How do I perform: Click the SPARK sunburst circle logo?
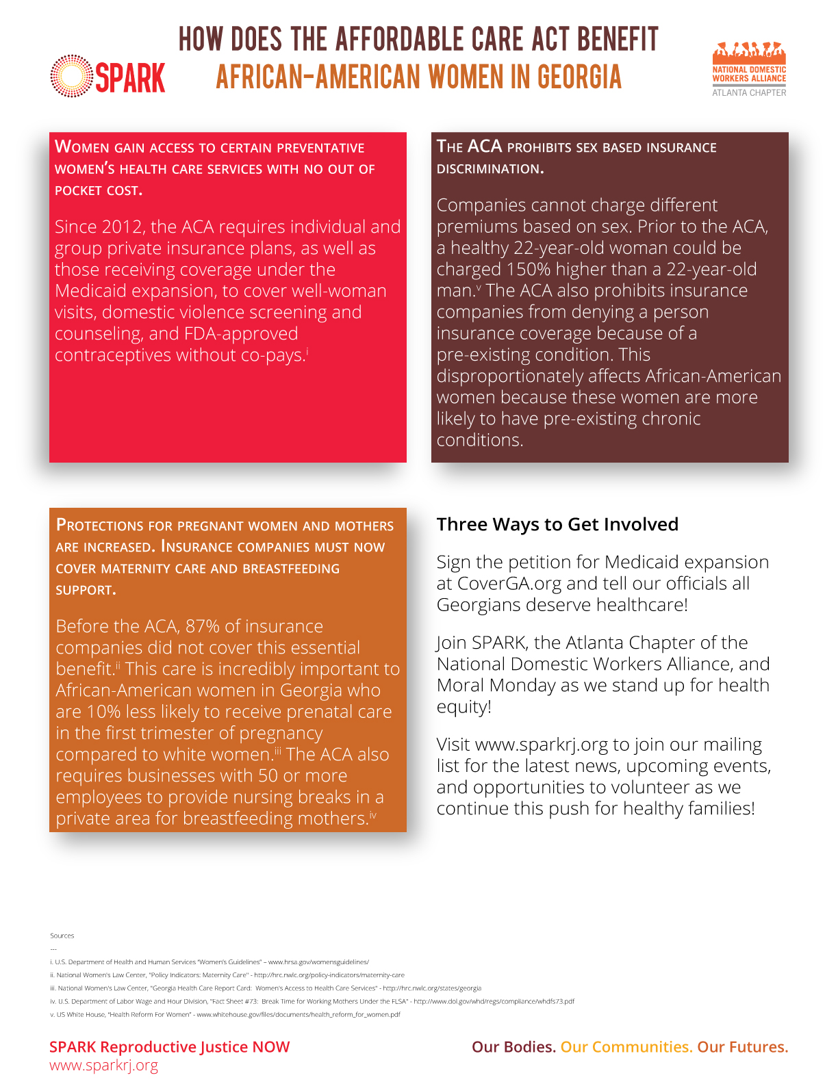pos(71,76)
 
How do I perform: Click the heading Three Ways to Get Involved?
pos(557,524)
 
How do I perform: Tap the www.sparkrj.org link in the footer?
pos(103,1066)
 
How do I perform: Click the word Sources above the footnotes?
pos(62,935)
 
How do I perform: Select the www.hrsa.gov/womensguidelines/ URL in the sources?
pos(318,962)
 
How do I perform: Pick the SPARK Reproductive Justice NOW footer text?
pos(169,1047)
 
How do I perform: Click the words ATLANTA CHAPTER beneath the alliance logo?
pos(749,92)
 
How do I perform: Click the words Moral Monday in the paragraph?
pos(496,685)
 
